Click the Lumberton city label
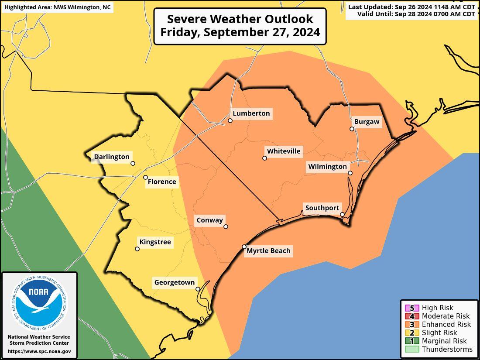(251, 113)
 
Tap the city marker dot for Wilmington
(350, 173)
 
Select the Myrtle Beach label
(268, 251)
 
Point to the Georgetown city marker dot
(198, 289)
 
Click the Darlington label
(112, 157)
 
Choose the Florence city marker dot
(146, 177)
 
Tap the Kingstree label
(155, 242)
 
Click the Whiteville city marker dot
(265, 158)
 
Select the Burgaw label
(367, 122)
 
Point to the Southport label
(322, 208)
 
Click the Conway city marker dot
(226, 226)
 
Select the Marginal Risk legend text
(444, 341)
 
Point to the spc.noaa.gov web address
(39, 351)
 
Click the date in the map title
(240, 32)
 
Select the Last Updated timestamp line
(411, 7)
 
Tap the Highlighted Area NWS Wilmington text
(57, 7)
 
